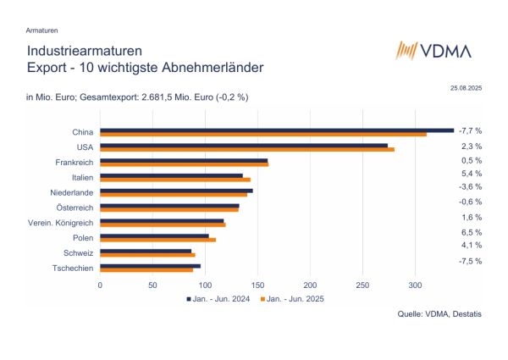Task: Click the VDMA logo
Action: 434,50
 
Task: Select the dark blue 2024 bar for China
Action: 277,130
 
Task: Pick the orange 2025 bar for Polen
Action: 158,240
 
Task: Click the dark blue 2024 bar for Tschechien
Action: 151,266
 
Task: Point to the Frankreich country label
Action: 72,162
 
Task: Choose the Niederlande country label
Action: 70,192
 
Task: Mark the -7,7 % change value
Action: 470,131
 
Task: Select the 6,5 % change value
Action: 470,231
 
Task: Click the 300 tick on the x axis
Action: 416,285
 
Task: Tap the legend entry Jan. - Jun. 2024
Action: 218,298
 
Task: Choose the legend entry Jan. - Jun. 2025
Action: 293,298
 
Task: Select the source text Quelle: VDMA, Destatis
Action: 439,313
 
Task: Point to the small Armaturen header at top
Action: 42,30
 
